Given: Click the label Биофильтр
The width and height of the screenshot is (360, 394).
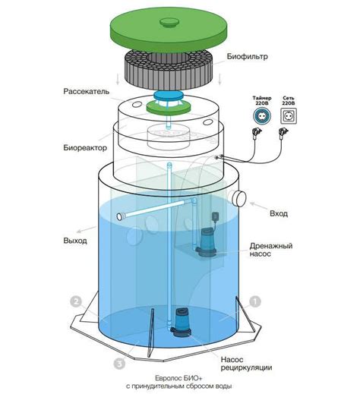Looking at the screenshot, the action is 247,56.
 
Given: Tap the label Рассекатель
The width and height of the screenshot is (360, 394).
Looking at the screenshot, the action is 87,91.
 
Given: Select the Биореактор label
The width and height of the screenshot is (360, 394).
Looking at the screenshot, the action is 85,147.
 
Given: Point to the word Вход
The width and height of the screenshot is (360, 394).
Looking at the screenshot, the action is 279,213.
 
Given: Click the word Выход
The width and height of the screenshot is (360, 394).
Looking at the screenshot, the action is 75,241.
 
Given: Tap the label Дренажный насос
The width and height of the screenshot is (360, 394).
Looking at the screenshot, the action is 271,250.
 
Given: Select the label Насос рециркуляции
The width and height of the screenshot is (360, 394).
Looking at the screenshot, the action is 246,364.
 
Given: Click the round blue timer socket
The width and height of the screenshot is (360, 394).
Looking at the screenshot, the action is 262,116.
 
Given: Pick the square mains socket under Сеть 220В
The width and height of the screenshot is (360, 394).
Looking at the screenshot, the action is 289,116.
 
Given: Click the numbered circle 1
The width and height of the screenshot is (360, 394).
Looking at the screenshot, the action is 255,301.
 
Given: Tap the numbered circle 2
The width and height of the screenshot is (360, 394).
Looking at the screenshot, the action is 76,301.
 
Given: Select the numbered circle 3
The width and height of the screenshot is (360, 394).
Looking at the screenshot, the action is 119,364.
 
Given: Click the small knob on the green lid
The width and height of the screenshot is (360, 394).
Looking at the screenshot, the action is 169,22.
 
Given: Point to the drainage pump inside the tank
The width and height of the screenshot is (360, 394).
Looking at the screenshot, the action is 207,241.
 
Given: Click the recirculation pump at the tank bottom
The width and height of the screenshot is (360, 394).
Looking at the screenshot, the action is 181,321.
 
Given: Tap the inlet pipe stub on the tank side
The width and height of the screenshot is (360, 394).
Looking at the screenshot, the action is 238,198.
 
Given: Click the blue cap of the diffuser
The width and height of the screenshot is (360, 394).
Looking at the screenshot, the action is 168,96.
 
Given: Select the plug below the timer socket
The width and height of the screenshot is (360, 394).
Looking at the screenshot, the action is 257,134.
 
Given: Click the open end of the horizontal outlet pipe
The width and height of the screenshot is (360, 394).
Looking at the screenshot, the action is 120,217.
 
